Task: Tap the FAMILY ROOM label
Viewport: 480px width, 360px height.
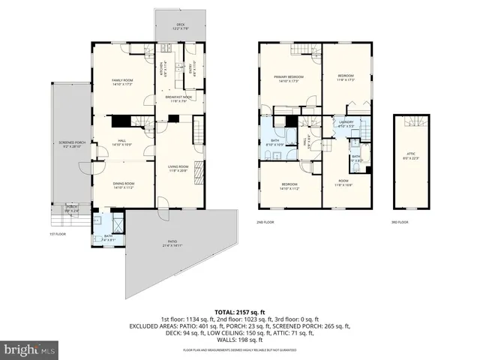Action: coord(122,82)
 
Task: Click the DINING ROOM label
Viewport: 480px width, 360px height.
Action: coord(122,185)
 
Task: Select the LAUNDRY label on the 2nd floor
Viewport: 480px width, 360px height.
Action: coord(346,124)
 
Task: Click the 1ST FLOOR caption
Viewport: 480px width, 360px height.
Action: coord(58,234)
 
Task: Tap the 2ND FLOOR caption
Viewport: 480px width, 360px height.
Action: coord(265,223)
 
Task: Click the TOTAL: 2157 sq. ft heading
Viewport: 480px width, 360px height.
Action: coord(239,311)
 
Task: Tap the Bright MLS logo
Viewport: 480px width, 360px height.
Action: coord(30,349)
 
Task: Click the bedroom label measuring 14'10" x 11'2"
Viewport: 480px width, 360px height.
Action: coord(289,186)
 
